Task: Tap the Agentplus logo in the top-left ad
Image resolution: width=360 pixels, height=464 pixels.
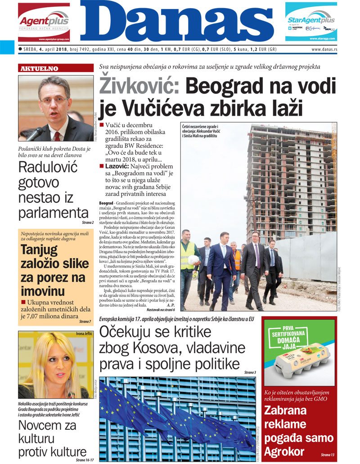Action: [x=44, y=21]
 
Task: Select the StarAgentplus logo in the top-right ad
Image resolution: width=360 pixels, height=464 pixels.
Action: [x=311, y=20]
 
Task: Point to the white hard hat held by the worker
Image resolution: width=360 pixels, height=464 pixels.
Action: [x=193, y=260]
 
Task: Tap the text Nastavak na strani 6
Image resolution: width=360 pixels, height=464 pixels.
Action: [x=160, y=310]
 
